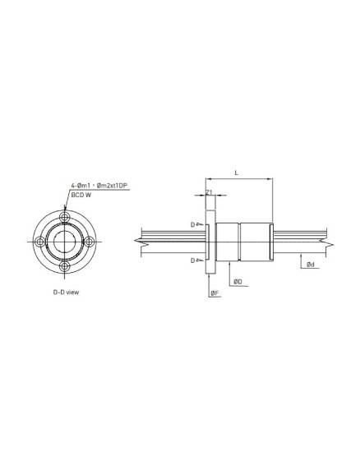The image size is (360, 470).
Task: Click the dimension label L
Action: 236,173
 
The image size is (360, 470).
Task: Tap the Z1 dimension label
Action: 209,191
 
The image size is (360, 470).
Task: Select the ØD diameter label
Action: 238,282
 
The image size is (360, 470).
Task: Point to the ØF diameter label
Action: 215,293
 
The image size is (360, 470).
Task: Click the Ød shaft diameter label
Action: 311,265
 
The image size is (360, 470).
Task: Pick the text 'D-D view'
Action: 67,292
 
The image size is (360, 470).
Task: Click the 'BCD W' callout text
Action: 81,195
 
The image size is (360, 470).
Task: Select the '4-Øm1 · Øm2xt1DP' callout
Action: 99,186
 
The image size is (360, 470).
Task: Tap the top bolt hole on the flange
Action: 65,217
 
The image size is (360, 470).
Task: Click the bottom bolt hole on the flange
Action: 65,266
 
